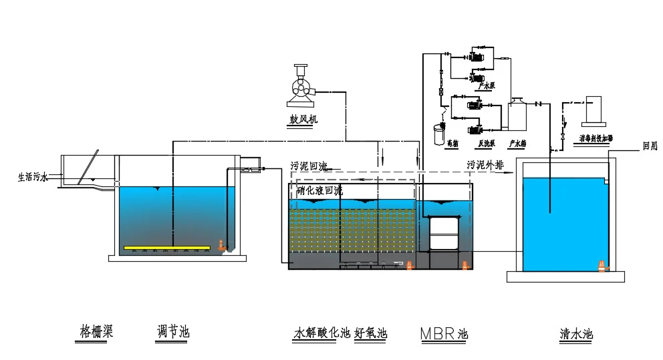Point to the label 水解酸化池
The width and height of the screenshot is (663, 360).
(321, 333)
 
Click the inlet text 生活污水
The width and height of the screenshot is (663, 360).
(33, 178)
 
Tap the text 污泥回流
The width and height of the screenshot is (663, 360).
(308, 166)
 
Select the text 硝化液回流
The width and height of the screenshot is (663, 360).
(319, 191)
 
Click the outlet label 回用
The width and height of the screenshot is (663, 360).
(650, 146)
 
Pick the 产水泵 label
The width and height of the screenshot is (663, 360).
(486, 86)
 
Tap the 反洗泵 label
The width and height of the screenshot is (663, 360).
(486, 143)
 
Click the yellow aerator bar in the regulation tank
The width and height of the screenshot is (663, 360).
(166, 248)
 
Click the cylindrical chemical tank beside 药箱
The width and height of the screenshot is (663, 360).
(438, 133)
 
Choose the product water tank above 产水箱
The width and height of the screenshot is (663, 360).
(517, 116)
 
